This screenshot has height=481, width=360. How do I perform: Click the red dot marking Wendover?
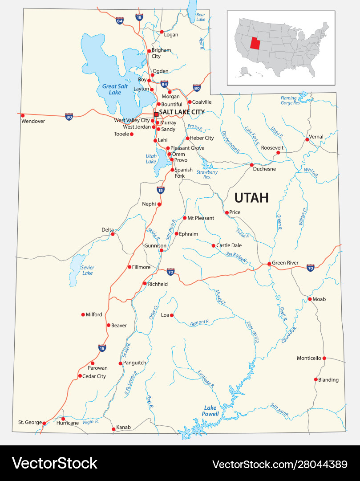pyautogui.click(x=23, y=115)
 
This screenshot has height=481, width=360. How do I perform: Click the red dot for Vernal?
pyautogui.click(x=307, y=139)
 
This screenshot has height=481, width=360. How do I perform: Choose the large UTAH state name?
pyautogui.click(x=251, y=197)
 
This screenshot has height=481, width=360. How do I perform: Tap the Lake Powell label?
pyautogui.click(x=211, y=411)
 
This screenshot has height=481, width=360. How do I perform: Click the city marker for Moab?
pyautogui.click(x=310, y=299)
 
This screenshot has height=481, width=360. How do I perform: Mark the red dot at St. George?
pyautogui.click(x=44, y=423)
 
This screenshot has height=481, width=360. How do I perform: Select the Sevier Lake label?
pyautogui.click(x=88, y=270)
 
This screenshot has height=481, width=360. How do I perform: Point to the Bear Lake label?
pyautogui.click(x=201, y=17)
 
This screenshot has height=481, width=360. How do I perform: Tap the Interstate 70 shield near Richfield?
pyautogui.click(x=170, y=271)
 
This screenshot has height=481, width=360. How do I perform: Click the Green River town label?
pyautogui.click(x=285, y=263)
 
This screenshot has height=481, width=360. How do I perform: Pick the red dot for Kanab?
pyautogui.click(x=113, y=429)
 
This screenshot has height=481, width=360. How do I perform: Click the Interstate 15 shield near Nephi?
pyautogui.click(x=160, y=190)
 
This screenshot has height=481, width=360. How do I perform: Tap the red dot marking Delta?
pyautogui.click(x=113, y=234)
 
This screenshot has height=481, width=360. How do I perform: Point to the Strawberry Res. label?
pyautogui.click(x=207, y=174)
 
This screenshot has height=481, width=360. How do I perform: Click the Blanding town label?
pyautogui.click(x=328, y=380)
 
